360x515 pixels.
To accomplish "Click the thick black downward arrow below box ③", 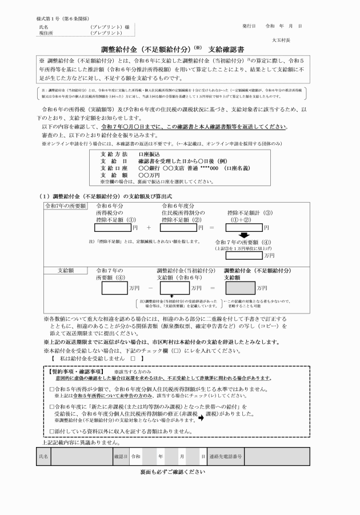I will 244,236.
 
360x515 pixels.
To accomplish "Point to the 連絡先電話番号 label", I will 225,457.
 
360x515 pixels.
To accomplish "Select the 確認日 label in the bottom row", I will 121,457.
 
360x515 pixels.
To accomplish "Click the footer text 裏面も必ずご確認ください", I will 173,473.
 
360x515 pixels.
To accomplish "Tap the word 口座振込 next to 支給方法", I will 149,154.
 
